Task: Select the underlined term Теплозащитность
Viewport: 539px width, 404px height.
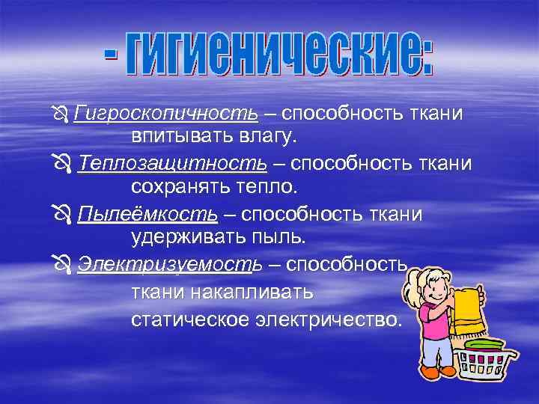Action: click(x=171, y=163)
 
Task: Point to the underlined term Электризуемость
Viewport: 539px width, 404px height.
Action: click(x=170, y=265)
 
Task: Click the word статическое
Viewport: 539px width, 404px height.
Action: click(x=191, y=319)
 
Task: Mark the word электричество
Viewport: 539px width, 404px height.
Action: click(x=330, y=319)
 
